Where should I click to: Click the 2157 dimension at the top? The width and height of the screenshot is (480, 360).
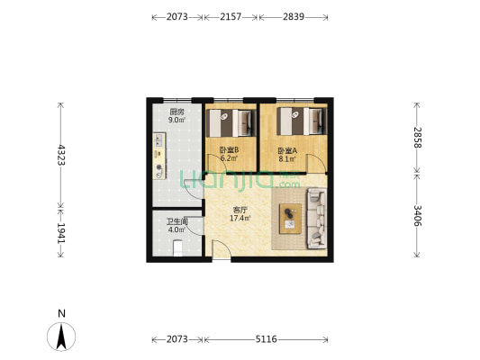[231, 16]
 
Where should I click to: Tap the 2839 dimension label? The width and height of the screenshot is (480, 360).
[294, 16]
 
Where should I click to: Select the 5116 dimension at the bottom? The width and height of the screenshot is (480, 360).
[266, 339]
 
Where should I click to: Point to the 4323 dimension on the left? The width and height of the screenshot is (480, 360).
[61, 155]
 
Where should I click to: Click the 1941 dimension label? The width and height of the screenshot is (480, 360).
[61, 233]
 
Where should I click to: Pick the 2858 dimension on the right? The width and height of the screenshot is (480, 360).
[417, 138]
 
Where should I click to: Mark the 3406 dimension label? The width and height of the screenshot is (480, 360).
[417, 216]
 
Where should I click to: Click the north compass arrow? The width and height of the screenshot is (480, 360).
[61, 337]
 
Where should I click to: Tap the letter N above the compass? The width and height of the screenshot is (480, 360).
[61, 313]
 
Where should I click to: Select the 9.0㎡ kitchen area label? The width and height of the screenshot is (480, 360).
[177, 120]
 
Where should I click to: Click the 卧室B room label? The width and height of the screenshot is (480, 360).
[229, 150]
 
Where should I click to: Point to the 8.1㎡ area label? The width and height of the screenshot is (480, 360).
[287, 158]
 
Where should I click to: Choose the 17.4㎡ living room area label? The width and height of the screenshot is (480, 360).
[240, 218]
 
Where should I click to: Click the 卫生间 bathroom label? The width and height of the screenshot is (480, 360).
[177, 221]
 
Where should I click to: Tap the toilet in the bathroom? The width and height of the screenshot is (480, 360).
[177, 248]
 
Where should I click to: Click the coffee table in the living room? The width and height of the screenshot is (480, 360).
[290, 219]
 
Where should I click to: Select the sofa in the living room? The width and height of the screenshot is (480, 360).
[316, 219]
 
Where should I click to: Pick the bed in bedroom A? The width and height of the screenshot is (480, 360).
[302, 121]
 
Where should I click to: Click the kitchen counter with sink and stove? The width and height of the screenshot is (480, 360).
[159, 156]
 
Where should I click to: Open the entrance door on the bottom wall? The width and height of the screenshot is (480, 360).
[222, 250]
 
